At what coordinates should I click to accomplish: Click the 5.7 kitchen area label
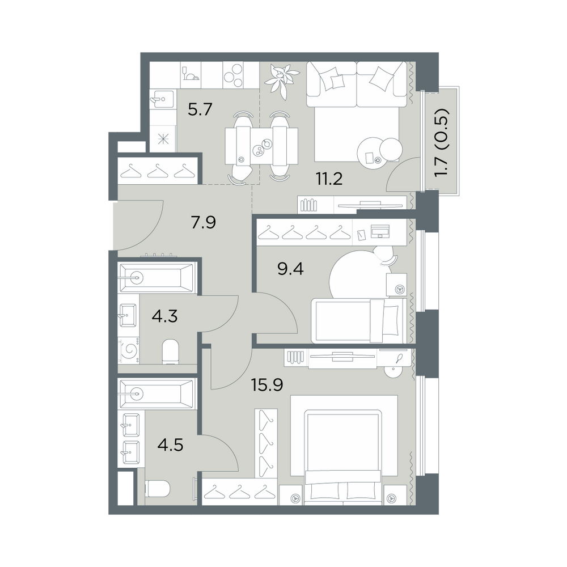200,109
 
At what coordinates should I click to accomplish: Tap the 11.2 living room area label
329,179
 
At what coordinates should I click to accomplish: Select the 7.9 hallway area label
204,222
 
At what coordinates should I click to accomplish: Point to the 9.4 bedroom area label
291,269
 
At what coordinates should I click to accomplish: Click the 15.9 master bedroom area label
267,385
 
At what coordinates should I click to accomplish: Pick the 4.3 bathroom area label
164,316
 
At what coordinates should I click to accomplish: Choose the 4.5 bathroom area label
170,445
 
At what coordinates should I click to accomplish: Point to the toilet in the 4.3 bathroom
170,352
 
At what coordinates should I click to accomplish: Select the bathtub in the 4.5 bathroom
156,394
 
